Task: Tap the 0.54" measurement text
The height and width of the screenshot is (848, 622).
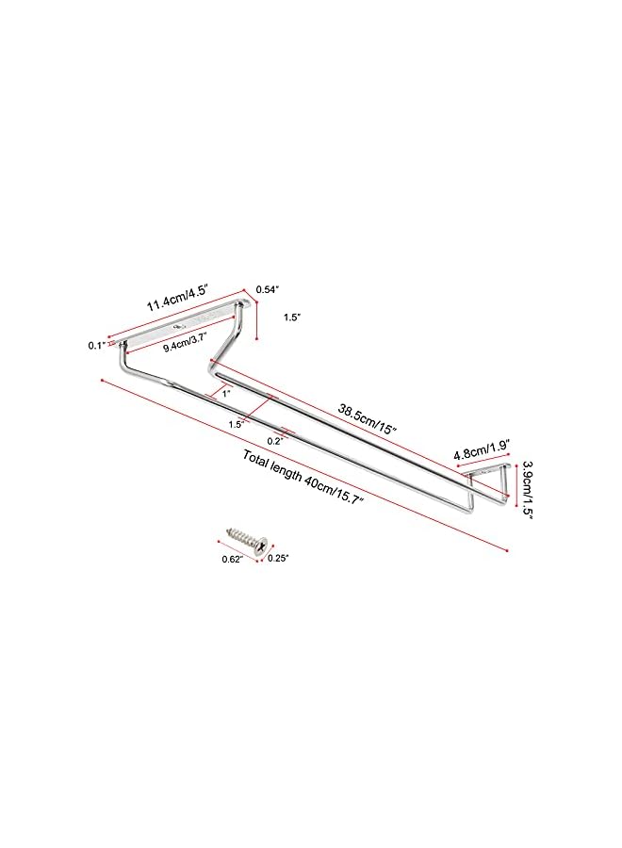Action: [x=267, y=289]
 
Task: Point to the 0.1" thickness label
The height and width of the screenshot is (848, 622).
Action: [x=96, y=345]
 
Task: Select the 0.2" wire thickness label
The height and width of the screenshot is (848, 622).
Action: [x=275, y=441]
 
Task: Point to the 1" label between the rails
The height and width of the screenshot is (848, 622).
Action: [x=226, y=394]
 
